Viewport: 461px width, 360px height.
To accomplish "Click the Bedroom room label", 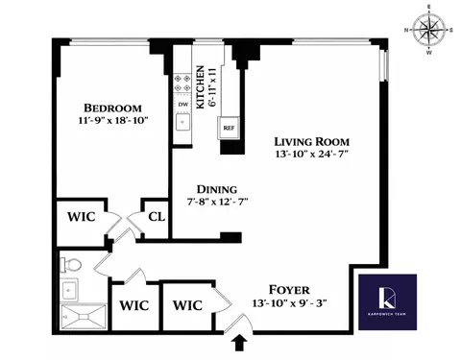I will [112, 108].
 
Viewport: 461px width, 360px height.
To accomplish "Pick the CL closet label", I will [156, 217].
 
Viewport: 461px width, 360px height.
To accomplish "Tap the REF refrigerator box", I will [230, 126].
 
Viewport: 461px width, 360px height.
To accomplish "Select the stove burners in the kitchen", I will [182, 81].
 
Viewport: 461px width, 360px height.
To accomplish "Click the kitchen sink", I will [182, 121].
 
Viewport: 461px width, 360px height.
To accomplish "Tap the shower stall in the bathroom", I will [82, 316].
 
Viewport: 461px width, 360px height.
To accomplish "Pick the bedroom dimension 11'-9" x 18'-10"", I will [112, 123].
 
